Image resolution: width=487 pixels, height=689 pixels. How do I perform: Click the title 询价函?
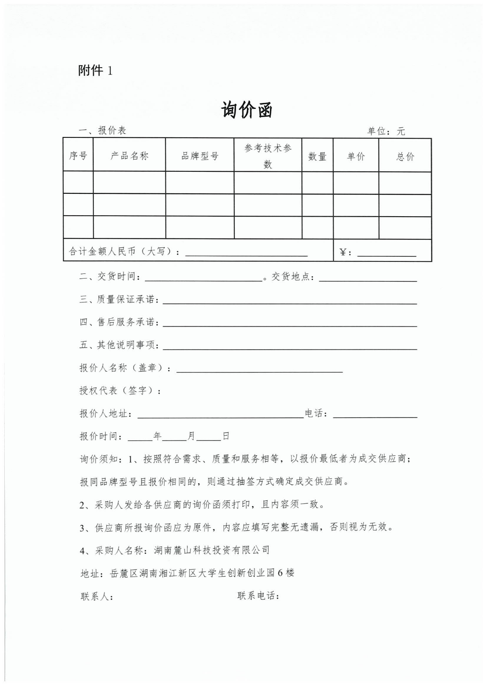247,110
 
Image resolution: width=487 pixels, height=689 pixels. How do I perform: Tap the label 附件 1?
95,70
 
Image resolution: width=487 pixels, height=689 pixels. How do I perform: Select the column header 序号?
78,155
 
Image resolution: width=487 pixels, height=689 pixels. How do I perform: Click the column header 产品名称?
129,155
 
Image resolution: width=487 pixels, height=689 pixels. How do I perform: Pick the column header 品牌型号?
200,155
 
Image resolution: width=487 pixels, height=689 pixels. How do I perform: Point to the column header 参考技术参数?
268,156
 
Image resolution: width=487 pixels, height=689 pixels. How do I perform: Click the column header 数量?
317,156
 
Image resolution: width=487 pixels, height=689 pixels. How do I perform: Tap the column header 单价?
356,156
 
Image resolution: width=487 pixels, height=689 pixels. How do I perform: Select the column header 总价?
405,156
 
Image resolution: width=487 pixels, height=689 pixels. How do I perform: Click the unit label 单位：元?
386,131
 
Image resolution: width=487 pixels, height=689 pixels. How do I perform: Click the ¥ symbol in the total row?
343,252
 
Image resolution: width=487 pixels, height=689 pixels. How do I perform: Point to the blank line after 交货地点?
368,280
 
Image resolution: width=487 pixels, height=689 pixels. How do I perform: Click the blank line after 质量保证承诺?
289,302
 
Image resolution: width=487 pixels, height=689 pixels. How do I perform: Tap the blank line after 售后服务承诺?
289,325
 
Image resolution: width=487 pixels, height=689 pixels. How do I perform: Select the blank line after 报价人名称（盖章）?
259,370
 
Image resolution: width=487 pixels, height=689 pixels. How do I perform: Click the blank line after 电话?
375,416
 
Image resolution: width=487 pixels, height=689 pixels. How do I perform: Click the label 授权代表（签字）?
120,391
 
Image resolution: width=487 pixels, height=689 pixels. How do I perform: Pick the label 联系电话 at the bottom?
258,596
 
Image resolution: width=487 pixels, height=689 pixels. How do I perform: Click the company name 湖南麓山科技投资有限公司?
211,550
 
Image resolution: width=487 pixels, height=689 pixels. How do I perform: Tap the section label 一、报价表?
102,130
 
